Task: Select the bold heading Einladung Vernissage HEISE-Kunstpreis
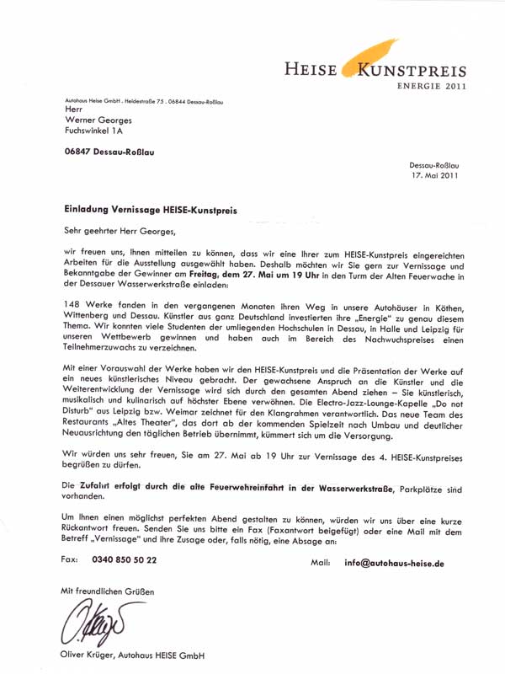tap(151, 207)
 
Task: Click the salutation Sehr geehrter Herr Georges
tap(122, 229)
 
